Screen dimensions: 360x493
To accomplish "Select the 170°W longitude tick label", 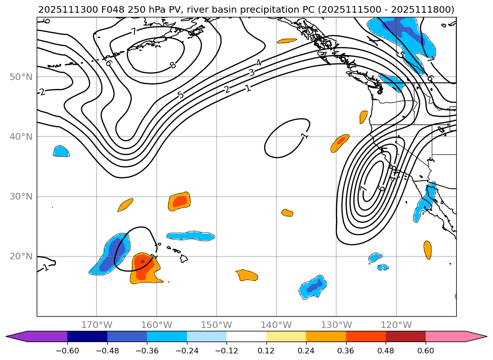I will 97,325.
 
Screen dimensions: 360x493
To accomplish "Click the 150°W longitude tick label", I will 217,325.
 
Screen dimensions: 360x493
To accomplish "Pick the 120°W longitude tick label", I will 396,325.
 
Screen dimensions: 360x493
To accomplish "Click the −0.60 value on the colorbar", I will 67,350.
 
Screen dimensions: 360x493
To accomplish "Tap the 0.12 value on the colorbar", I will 267,350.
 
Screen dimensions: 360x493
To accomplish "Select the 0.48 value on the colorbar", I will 386,350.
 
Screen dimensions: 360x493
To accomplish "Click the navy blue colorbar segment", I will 87,336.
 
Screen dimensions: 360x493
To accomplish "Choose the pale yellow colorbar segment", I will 286,336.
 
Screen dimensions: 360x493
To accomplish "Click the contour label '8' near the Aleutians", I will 173,65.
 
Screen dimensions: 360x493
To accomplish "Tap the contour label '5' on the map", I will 181,95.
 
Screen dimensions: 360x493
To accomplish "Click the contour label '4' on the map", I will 259,63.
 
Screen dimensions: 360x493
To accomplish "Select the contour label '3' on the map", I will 251,72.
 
